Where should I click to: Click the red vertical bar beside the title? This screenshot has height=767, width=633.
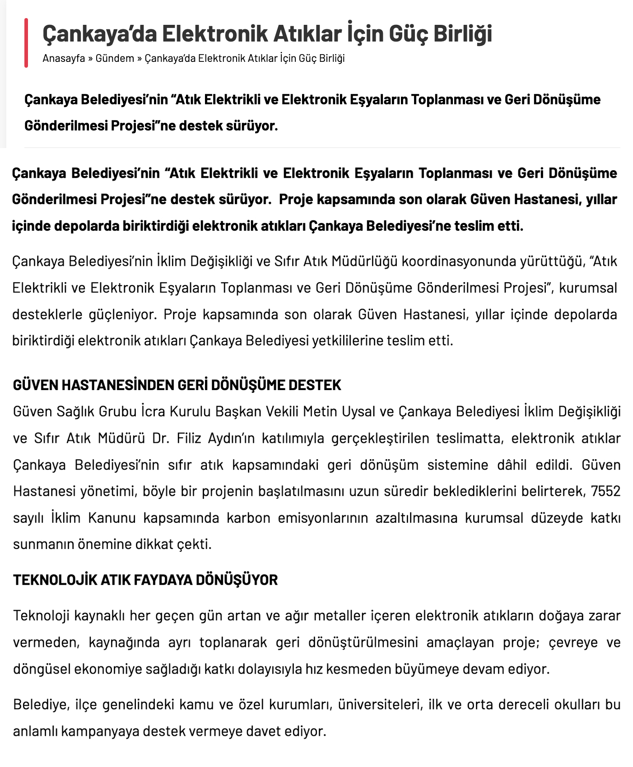pos(26,43)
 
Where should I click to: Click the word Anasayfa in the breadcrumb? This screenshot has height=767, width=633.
pos(64,58)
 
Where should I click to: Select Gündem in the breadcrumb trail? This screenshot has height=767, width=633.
pos(115,58)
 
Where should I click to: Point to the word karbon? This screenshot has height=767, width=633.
pos(248,517)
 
